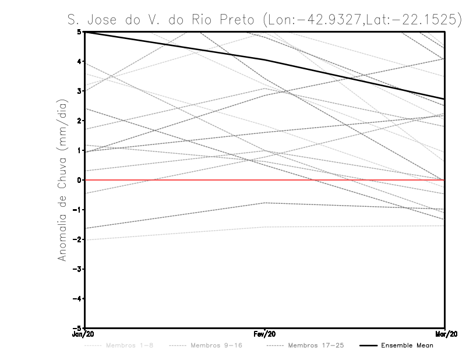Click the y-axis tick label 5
tap(79, 32)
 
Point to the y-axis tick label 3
tap(79, 91)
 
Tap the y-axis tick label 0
tap(79, 180)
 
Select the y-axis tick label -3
tap(78, 269)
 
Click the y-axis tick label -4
tap(78, 299)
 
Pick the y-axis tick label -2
tap(78, 239)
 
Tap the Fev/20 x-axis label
tap(265, 335)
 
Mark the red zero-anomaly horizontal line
tap(349, 180)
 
